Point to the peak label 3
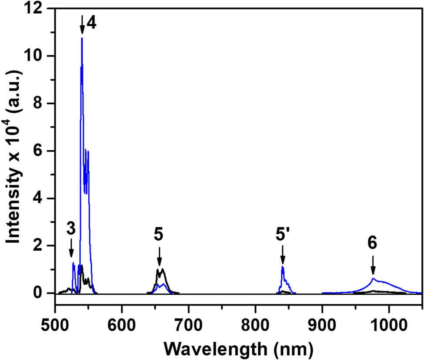pos(71,229)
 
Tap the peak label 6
pos(372,243)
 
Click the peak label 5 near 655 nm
pos(159,235)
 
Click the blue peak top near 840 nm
pos(283,266)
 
